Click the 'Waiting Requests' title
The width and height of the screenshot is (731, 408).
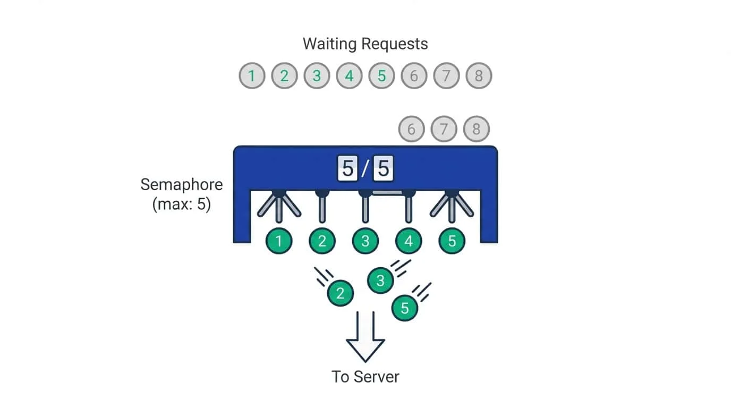pyautogui.click(x=365, y=44)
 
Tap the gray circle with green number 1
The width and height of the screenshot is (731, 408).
pyautogui.click(x=252, y=76)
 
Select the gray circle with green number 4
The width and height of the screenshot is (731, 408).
pyautogui.click(x=349, y=76)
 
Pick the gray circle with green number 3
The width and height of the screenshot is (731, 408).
pyautogui.click(x=317, y=76)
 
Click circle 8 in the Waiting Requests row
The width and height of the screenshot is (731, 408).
pyautogui.click(x=479, y=76)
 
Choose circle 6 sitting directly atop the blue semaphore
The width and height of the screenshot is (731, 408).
pyautogui.click(x=411, y=129)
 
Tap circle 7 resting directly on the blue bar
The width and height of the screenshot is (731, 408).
pyautogui.click(x=444, y=129)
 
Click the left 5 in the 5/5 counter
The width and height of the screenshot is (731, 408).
pyautogui.click(x=347, y=169)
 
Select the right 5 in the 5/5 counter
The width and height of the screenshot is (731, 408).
pyautogui.click(x=383, y=169)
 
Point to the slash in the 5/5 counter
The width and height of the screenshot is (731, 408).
pyautogui.click(x=365, y=169)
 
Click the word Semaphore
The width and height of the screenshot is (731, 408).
pyautogui.click(x=181, y=185)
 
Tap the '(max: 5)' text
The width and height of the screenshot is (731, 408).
pyautogui.click(x=181, y=205)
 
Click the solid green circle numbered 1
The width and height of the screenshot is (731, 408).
pyautogui.click(x=279, y=241)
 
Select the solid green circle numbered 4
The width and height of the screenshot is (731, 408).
pyautogui.click(x=409, y=241)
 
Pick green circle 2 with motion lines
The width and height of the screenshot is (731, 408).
pyautogui.click(x=341, y=293)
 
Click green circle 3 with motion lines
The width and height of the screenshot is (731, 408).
pyautogui.click(x=380, y=280)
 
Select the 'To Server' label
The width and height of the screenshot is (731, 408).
pyautogui.click(x=365, y=377)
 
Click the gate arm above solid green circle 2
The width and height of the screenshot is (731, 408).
pyautogui.click(x=322, y=208)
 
